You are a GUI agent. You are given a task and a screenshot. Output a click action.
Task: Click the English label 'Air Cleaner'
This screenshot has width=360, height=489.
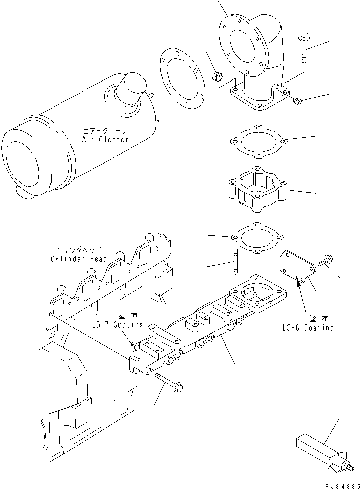point(105,139)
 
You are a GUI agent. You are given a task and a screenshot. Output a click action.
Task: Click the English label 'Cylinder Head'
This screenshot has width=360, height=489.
point(79,259)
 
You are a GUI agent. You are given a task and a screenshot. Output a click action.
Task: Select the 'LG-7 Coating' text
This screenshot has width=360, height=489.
point(117,324)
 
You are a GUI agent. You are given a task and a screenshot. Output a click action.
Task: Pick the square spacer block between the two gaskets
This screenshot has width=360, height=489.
point(256,189)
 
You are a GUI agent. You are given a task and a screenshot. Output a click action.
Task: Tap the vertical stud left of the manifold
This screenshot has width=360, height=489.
point(235,262)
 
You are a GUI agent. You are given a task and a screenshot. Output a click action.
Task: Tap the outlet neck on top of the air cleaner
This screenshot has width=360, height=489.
point(132,88)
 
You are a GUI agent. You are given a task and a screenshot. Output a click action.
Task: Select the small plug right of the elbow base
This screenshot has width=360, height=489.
point(298,102)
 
